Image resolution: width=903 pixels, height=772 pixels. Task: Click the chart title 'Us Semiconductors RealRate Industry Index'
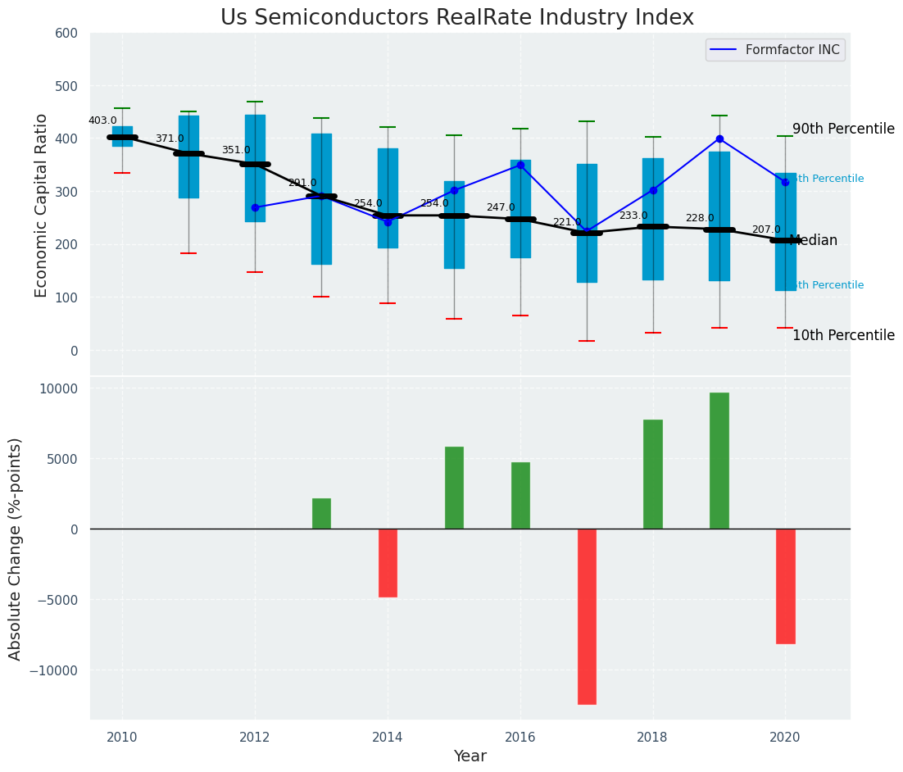(456, 18)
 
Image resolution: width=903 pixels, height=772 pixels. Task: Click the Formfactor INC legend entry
(775, 50)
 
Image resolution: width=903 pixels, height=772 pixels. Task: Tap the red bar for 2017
(587, 616)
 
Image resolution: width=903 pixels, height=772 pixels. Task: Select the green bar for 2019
(719, 461)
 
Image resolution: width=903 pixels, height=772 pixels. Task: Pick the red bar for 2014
(388, 563)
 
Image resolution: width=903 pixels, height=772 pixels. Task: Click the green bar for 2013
(321, 514)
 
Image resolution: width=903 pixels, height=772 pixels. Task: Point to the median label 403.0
(102, 120)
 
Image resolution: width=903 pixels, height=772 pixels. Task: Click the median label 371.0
(170, 139)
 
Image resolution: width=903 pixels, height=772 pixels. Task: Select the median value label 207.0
(766, 229)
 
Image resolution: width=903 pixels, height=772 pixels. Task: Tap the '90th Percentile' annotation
(843, 129)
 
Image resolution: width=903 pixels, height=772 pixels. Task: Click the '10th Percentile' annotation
(843, 336)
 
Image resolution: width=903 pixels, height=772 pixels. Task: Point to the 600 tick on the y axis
(66, 34)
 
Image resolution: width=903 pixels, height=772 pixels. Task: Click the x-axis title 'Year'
(470, 756)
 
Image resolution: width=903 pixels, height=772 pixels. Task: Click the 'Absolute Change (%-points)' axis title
(16, 548)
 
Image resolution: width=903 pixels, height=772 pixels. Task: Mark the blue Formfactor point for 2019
(719, 139)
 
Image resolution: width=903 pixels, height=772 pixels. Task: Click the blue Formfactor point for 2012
(255, 207)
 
